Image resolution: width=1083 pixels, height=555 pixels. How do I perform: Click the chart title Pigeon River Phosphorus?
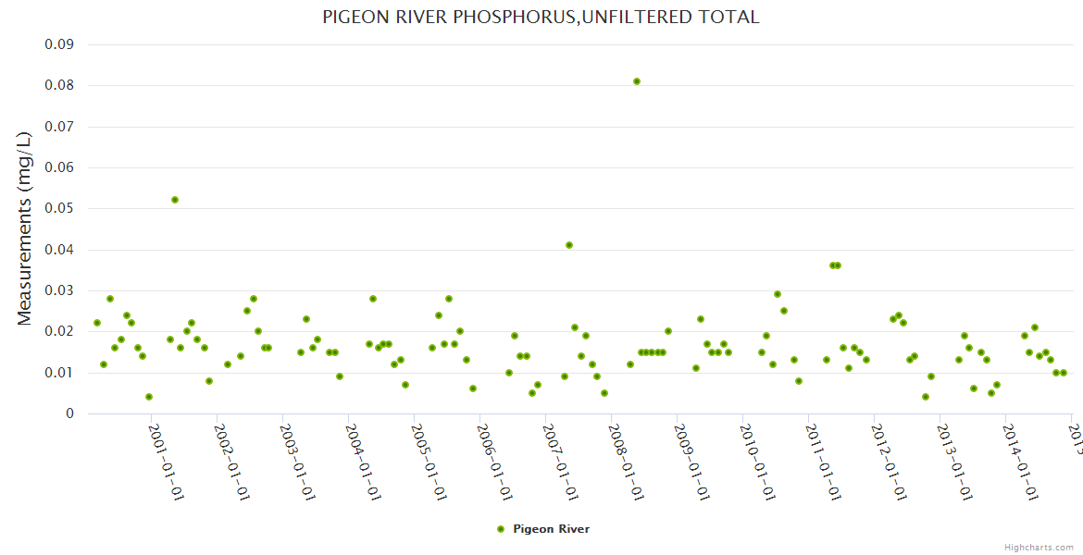pyautogui.click(x=541, y=17)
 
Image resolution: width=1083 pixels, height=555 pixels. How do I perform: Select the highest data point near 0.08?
pyautogui.click(x=637, y=81)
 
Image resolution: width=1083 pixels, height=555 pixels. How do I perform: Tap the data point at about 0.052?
pyautogui.click(x=175, y=200)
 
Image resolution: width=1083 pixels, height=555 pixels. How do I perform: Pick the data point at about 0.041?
pyautogui.click(x=569, y=245)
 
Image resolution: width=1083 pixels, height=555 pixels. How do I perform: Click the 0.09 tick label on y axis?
pyautogui.click(x=59, y=44)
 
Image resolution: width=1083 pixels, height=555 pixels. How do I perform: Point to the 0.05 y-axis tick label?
pyautogui.click(x=59, y=209)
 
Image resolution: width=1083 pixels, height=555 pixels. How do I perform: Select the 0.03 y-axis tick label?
pyautogui.click(x=59, y=291)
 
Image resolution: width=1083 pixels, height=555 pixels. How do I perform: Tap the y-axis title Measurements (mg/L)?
pyautogui.click(x=25, y=228)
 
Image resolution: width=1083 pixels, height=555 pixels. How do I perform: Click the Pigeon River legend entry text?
pyautogui.click(x=551, y=529)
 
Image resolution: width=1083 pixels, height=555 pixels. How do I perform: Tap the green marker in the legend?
pyautogui.click(x=502, y=529)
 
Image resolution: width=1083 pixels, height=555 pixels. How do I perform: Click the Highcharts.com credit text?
pyautogui.click(x=1039, y=547)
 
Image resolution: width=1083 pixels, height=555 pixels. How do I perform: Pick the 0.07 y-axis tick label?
pyautogui.click(x=59, y=127)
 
